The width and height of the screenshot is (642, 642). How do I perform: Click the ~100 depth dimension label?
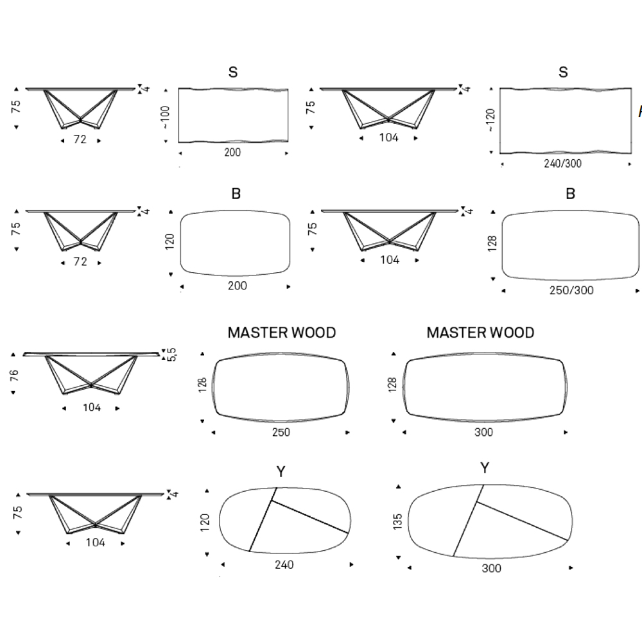166,116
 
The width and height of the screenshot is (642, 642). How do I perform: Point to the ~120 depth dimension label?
491,120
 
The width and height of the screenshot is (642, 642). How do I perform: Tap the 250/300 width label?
571,290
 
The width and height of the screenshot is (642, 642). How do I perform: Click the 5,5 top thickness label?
171,354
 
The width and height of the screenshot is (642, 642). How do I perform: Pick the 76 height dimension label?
15,376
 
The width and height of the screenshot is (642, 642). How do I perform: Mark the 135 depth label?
398,522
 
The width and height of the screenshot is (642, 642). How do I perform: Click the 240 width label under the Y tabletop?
284,565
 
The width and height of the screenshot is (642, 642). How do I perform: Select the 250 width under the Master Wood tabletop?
281,432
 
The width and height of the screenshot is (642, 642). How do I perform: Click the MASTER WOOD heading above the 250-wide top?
282,333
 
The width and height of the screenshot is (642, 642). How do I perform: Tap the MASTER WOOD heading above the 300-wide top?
480,333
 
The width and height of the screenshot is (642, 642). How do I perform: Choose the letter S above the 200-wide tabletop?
233,73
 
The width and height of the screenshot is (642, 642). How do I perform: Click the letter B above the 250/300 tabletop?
571,194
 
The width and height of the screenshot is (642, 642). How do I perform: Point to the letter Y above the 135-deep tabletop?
485,468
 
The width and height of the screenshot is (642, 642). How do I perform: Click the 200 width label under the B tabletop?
237,286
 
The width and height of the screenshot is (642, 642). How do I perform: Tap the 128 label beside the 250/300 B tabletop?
492,243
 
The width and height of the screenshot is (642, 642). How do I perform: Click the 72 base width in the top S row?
80,138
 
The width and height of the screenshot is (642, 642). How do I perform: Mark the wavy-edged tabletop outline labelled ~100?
232,115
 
